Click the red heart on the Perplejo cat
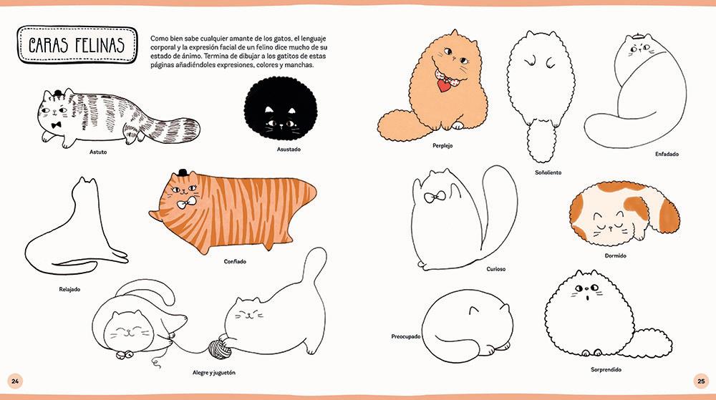443,85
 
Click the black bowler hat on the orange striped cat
183,173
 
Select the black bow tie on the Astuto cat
57,125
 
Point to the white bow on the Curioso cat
435,197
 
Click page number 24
15,381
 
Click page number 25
701,381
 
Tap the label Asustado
289,149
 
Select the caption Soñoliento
548,172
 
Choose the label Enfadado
667,154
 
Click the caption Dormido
616,256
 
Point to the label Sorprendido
606,369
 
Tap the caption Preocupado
405,336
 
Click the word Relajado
69,289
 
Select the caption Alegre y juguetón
213,373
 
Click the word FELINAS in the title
100,45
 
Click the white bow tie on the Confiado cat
187,203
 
